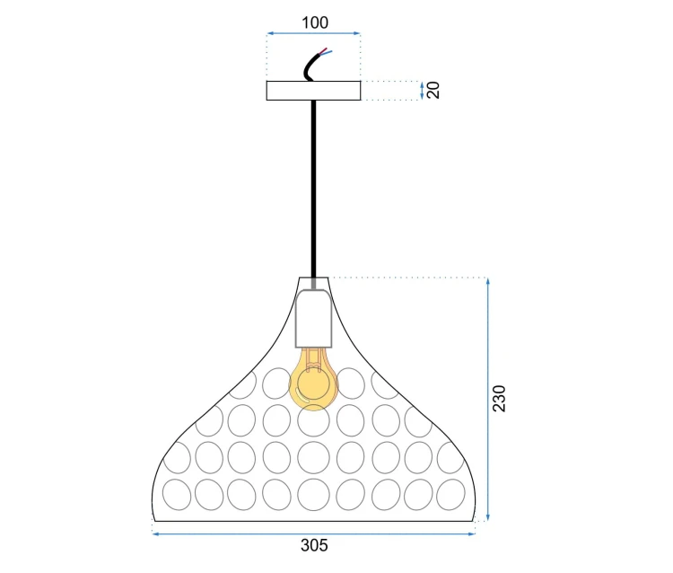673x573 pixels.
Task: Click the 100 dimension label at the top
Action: [315, 22]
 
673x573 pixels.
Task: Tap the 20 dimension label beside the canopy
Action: [434, 90]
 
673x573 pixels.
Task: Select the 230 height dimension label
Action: [499, 399]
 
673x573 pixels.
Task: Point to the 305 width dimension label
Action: [314, 545]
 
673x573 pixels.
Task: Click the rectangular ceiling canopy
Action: [313, 91]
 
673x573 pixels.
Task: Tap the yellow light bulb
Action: [313, 379]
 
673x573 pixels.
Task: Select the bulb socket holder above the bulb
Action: [314, 318]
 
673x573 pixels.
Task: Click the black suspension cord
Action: [314, 189]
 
